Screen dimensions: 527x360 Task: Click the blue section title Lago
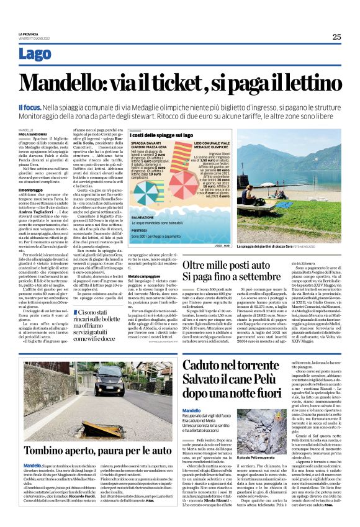click(35, 54)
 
